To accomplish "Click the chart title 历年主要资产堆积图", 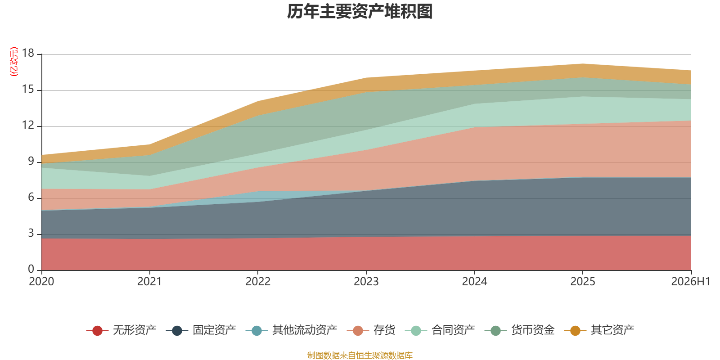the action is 360,12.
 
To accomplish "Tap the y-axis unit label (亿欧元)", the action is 14,61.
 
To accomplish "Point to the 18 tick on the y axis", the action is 28,53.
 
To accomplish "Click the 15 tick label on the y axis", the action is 28,89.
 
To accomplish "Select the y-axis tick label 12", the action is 28,125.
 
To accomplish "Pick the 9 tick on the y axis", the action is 31,161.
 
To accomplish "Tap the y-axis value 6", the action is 31,197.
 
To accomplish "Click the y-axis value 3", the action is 31,233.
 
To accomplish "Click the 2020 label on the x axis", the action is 41,282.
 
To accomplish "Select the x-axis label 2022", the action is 258,282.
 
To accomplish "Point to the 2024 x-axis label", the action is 474,282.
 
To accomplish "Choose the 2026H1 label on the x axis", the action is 690,282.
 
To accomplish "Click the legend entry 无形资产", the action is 121,330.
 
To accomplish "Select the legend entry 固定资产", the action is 201,330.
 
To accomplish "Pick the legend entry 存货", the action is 371,330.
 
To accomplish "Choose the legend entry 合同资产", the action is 440,330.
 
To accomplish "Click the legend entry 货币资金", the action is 520,330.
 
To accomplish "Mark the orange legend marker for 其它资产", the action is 575,330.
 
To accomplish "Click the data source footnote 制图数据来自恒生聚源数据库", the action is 360,355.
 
